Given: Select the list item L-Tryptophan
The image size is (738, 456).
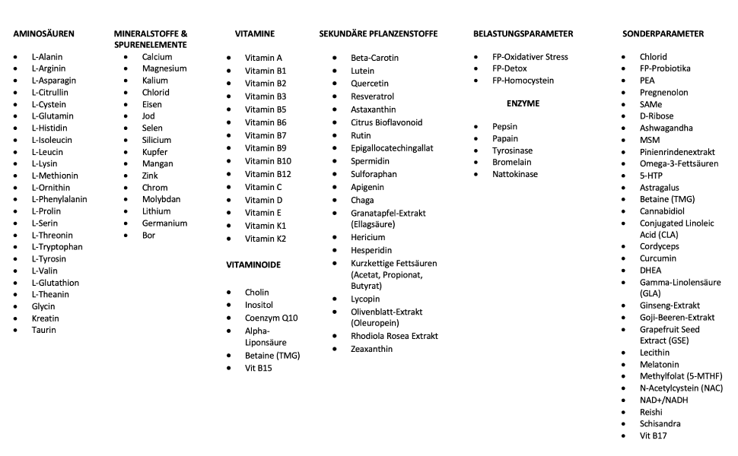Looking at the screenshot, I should click(x=57, y=247).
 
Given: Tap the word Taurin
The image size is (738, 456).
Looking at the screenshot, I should click(x=43, y=330).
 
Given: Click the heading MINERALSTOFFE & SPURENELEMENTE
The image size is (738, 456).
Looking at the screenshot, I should click(x=151, y=39).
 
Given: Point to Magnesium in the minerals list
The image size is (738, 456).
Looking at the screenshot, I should click(x=164, y=68).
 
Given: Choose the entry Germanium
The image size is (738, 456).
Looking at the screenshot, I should click(x=164, y=223).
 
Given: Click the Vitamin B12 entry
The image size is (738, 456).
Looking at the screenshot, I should click(x=268, y=174).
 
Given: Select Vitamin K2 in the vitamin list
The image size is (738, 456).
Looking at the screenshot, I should click(x=266, y=239).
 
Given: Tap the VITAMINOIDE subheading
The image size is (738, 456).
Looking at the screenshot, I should click(x=253, y=265).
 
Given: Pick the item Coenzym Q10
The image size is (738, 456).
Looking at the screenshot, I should click(x=272, y=318).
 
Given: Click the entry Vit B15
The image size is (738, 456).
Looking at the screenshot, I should click(x=258, y=368).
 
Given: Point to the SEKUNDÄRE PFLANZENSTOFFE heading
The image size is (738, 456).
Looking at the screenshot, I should click(x=378, y=33).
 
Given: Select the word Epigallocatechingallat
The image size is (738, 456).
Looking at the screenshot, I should click(x=392, y=148).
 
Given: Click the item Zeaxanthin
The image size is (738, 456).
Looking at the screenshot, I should click(x=371, y=349).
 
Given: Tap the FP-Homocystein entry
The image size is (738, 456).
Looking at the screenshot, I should click(x=523, y=81).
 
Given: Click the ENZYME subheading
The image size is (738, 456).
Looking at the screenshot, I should click(x=523, y=103).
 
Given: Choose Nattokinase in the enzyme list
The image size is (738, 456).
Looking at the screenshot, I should click(x=515, y=174).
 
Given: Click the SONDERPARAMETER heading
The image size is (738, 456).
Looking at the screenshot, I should click(x=663, y=33).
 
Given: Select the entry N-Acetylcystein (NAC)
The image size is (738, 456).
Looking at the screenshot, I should click(x=681, y=388).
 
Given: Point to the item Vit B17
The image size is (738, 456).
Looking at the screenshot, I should click(x=654, y=435).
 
